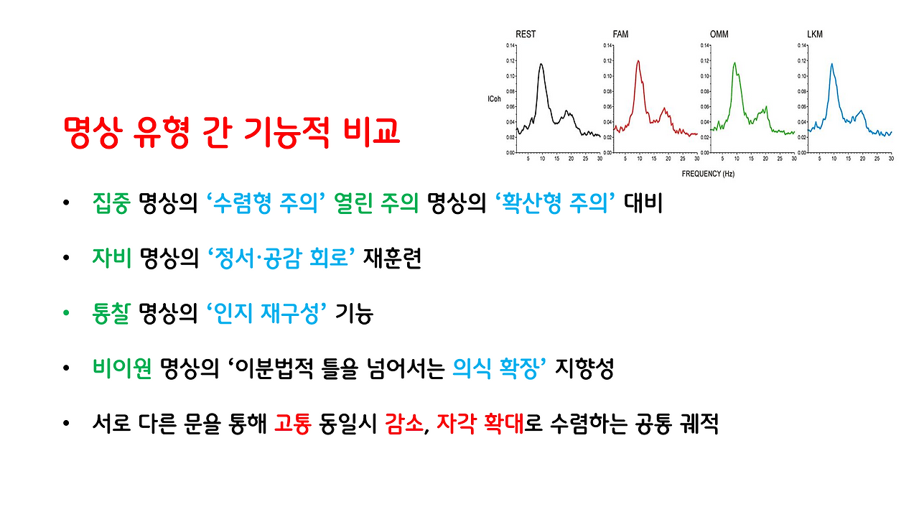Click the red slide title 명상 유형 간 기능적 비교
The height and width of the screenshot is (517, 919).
point(231,131)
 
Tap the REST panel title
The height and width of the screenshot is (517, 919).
point(526,34)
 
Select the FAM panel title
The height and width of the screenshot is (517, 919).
point(622,34)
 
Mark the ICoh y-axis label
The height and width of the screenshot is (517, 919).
point(494,98)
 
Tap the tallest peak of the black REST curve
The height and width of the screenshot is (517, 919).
point(541,64)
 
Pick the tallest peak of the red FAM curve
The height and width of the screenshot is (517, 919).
point(638,61)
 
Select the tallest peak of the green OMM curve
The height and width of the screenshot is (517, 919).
point(734,63)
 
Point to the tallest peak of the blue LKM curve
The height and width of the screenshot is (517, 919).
point(831,64)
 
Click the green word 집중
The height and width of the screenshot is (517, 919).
point(111,205)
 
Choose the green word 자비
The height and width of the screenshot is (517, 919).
point(111,259)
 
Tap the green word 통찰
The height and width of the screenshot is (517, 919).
point(111,315)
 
